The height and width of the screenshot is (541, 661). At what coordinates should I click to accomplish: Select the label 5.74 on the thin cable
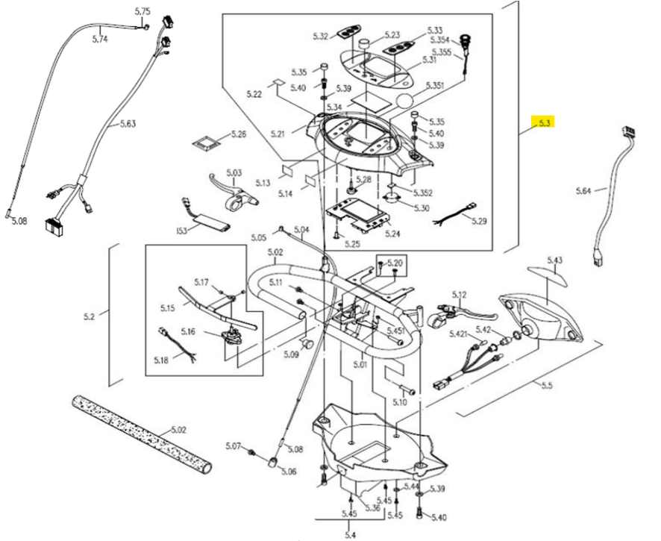click(100, 40)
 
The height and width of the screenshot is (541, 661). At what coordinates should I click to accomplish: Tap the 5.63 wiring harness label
click(128, 124)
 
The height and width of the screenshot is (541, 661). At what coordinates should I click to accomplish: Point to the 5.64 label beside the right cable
click(584, 191)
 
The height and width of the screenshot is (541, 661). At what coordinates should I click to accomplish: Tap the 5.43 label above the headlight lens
click(555, 260)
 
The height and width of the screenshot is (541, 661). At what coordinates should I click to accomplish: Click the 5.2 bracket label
click(89, 316)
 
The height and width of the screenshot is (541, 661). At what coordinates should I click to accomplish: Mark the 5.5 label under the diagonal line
click(547, 385)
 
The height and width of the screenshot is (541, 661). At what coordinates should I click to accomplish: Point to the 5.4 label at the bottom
click(350, 535)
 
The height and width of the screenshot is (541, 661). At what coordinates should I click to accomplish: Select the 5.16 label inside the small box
click(188, 331)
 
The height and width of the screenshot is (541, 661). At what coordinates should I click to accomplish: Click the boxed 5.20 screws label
click(395, 263)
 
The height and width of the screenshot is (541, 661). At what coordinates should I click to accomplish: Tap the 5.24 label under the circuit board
click(392, 234)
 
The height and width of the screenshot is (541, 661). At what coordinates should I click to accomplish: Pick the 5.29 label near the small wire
click(479, 221)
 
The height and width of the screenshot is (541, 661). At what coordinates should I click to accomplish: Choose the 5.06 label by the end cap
click(289, 472)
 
